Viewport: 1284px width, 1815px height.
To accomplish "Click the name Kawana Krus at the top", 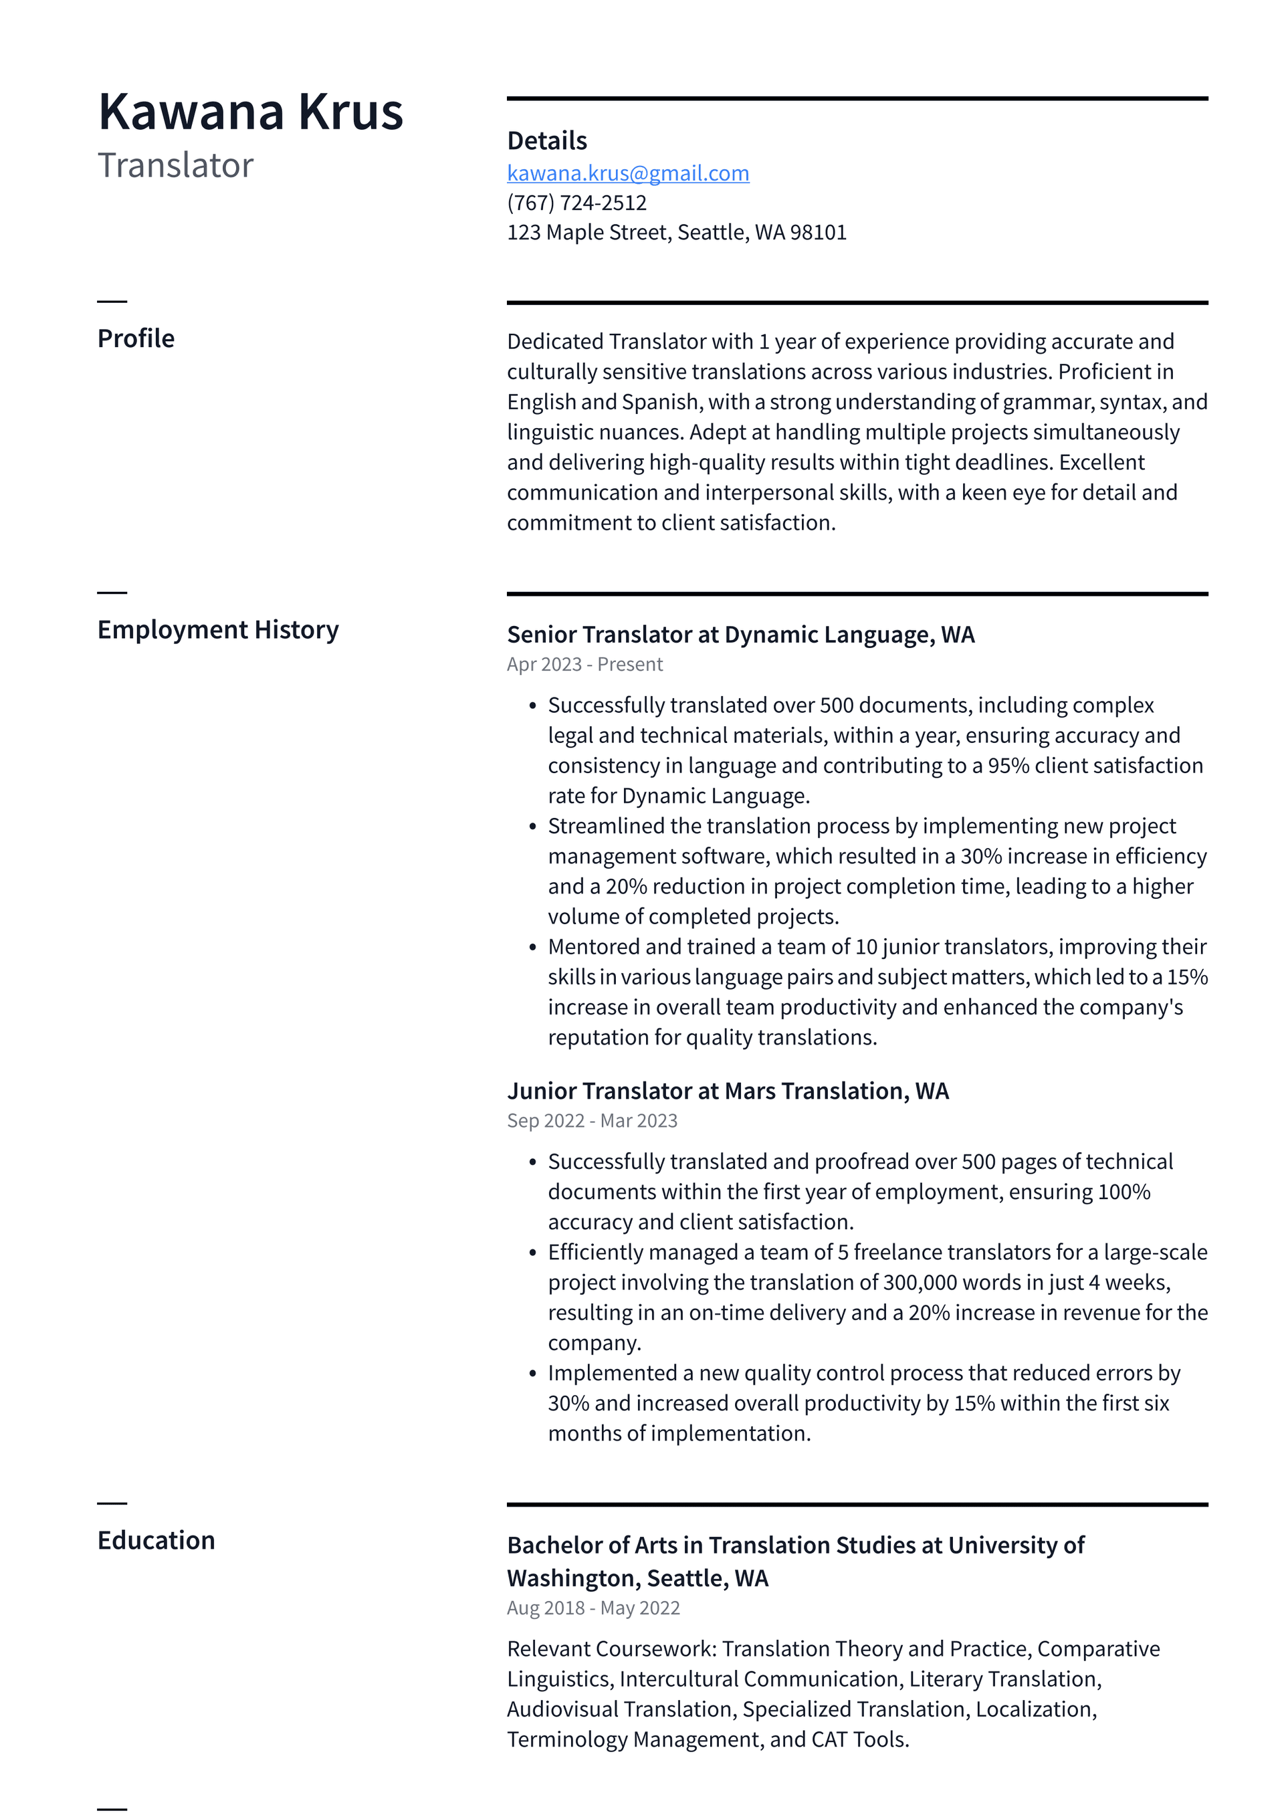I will click(x=250, y=112).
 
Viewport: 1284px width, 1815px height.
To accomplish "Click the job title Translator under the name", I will click(x=175, y=165).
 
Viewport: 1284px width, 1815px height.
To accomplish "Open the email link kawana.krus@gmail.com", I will click(x=628, y=173).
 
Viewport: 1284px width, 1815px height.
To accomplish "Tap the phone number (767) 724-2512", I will click(x=576, y=203).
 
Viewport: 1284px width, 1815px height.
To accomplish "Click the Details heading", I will click(x=546, y=140).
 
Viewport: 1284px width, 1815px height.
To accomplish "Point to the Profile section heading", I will click(x=135, y=338).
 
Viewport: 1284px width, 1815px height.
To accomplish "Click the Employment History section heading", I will click(x=217, y=629).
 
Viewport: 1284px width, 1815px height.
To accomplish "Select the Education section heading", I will click(x=156, y=1540).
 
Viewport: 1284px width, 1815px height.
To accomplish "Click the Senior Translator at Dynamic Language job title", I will click(x=740, y=635).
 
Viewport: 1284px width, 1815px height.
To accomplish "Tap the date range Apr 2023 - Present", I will click(x=584, y=664).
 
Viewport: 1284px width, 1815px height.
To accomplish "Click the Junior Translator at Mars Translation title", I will click(x=728, y=1091).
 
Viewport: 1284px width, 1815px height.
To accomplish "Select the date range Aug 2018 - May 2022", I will click(x=593, y=1608).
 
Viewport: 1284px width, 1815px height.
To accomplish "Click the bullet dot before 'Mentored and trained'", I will click(x=533, y=947).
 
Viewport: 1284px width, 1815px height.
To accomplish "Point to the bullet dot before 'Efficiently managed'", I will click(x=533, y=1253).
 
